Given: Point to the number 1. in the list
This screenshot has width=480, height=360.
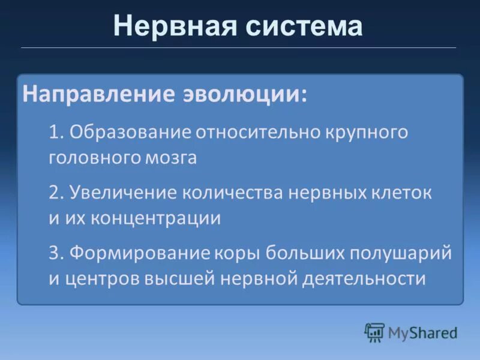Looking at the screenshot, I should point(56,133).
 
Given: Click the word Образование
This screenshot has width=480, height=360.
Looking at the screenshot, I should point(129,133).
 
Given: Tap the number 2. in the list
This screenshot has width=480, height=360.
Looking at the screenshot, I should point(56,193).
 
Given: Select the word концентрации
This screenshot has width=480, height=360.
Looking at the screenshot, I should point(156,218).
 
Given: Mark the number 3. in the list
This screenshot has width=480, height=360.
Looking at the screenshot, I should point(56,253).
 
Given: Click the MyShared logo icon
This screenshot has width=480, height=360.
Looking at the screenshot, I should point(374,332).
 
